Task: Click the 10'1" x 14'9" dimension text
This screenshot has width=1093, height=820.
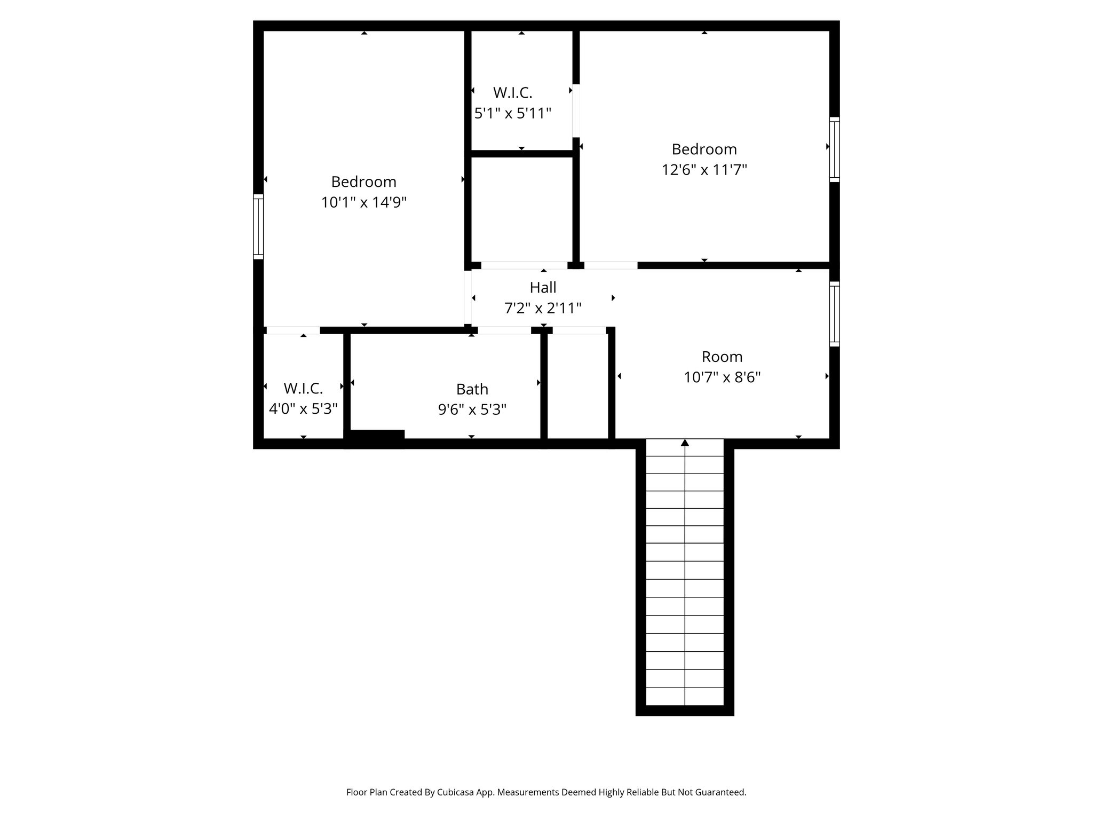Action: click(x=363, y=203)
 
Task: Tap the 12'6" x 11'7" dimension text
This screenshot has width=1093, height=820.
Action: click(x=704, y=170)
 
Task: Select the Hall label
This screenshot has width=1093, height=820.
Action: click(x=543, y=287)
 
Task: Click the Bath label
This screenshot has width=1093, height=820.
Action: click(x=472, y=389)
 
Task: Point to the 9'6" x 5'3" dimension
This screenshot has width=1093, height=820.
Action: click(x=472, y=409)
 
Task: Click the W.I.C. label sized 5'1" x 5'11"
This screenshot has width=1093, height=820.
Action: click(x=512, y=92)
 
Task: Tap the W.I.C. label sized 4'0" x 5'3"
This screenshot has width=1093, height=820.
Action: click(x=303, y=388)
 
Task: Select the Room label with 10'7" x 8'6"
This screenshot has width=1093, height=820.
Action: click(x=722, y=356)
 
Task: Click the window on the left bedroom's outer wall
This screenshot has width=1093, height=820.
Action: click(x=258, y=226)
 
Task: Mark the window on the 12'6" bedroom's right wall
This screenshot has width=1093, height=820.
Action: click(x=834, y=149)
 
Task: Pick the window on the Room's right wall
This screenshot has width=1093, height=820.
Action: click(x=834, y=314)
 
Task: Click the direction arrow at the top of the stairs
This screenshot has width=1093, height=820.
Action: click(x=685, y=443)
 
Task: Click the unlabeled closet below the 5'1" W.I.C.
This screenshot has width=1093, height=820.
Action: click(x=521, y=208)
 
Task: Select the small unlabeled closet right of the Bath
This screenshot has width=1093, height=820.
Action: click(x=577, y=385)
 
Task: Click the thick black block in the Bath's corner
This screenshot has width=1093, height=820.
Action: click(x=377, y=435)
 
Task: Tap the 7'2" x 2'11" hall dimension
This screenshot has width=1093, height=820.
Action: click(x=543, y=308)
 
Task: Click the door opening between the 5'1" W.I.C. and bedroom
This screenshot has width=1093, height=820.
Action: click(x=576, y=111)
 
